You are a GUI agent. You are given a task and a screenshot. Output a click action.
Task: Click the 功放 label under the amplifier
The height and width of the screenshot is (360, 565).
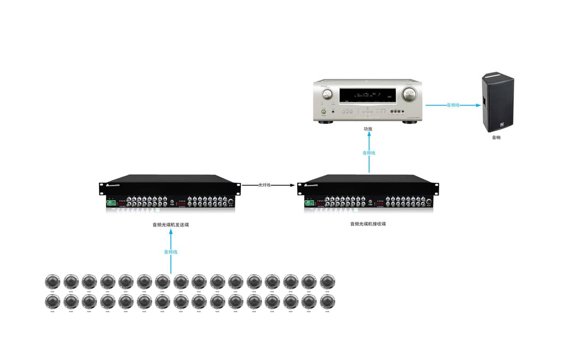click(x=368, y=129)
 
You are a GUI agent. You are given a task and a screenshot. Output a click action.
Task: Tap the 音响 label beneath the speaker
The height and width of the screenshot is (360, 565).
click(x=496, y=138)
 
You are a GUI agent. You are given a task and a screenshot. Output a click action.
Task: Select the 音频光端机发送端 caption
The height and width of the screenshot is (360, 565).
click(x=170, y=225)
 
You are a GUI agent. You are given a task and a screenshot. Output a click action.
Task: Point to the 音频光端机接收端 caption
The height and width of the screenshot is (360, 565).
click(x=368, y=224)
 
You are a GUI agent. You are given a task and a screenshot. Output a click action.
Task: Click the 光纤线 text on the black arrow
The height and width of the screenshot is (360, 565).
click(x=265, y=185)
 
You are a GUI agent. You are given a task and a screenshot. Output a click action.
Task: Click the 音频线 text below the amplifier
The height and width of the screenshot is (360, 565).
click(x=369, y=153)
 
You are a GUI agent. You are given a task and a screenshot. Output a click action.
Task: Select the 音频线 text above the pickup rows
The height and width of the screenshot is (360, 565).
click(x=170, y=252)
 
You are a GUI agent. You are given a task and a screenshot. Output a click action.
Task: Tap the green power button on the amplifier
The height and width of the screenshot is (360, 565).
click(x=323, y=112)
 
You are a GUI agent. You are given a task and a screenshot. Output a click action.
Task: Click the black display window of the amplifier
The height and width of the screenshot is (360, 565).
click(x=367, y=96)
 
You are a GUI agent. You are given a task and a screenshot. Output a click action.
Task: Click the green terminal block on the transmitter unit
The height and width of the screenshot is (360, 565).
click(x=111, y=203)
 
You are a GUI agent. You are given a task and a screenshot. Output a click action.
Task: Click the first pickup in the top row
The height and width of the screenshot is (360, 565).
click(x=52, y=282)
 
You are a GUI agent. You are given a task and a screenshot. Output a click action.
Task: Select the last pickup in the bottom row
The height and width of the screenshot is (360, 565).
click(x=327, y=301)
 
